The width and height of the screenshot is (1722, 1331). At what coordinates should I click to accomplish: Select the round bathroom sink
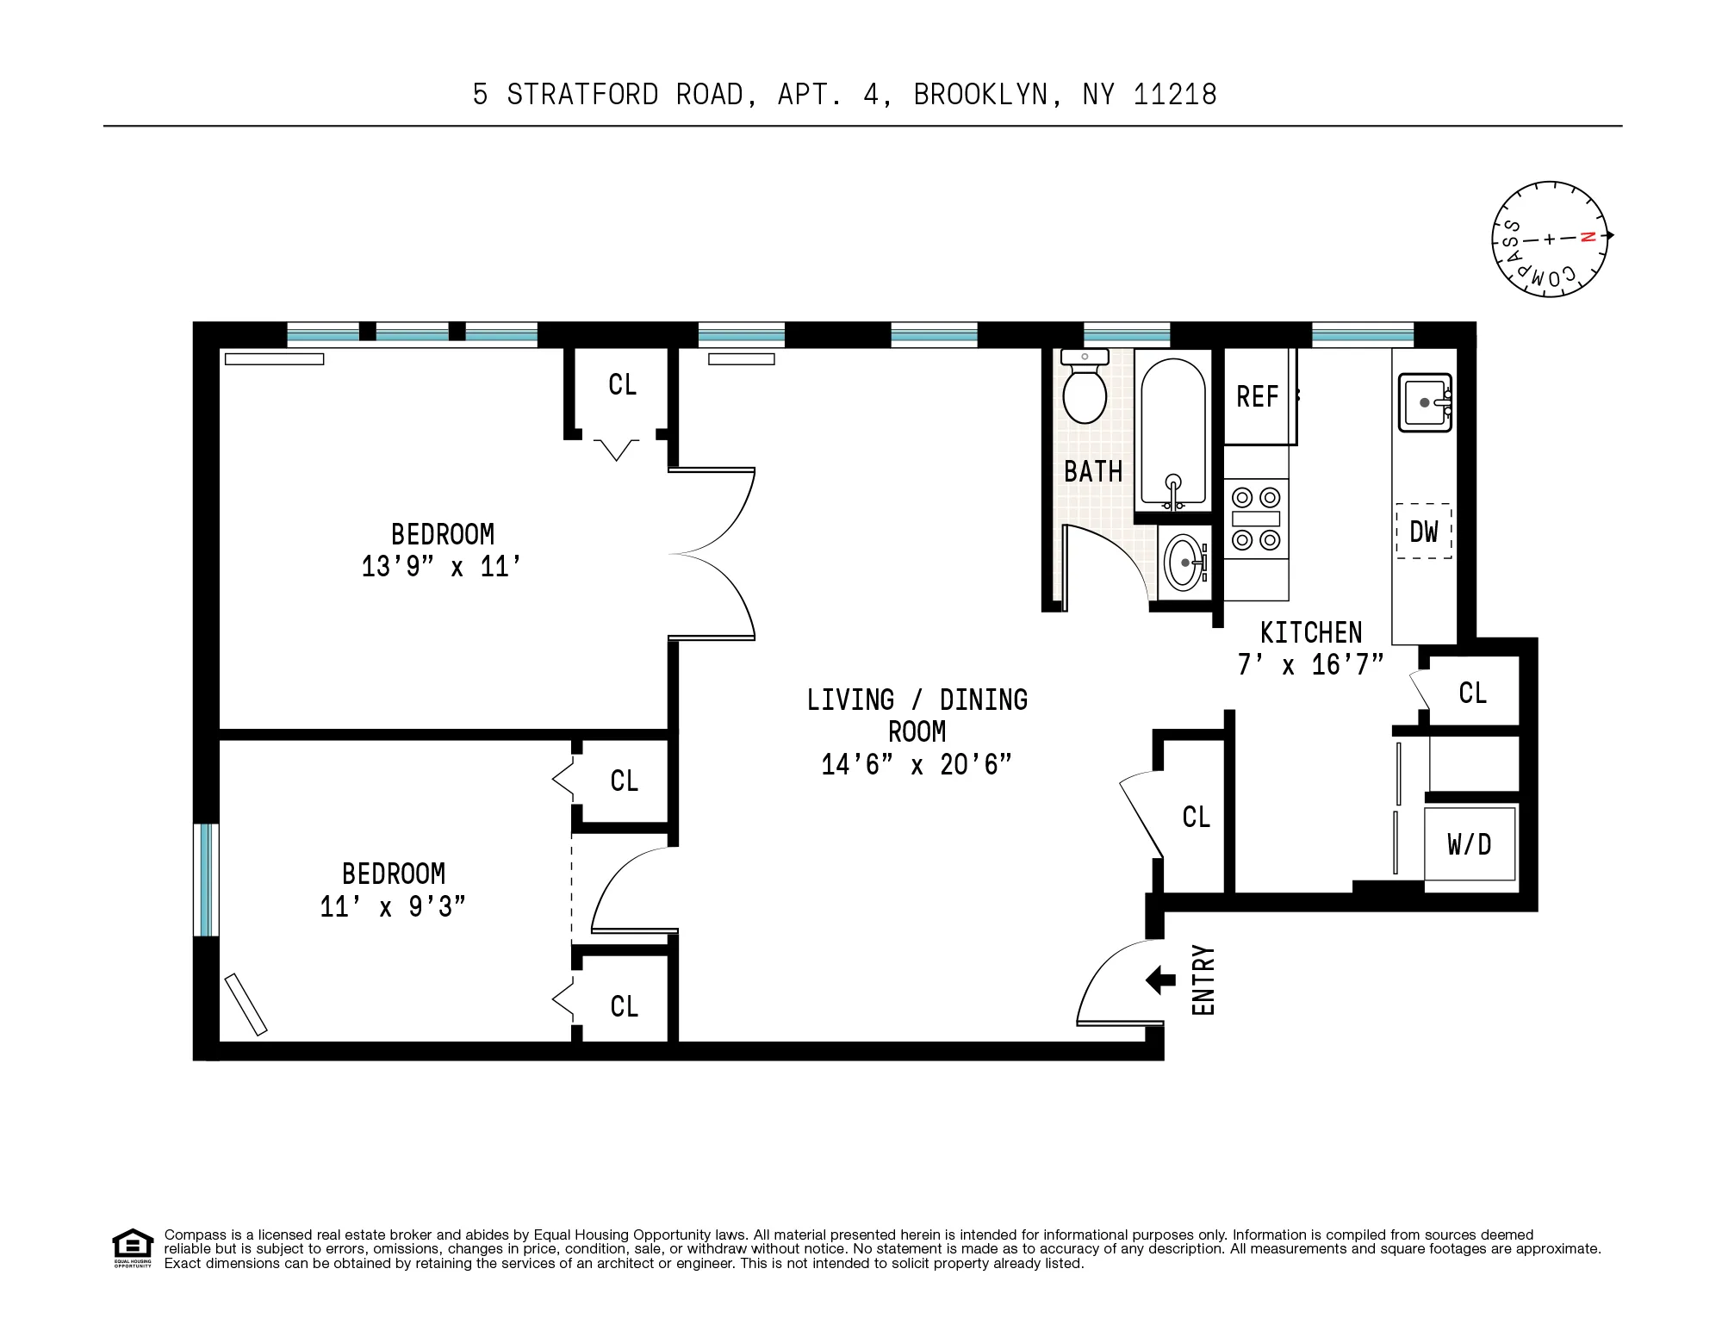pos(1184,563)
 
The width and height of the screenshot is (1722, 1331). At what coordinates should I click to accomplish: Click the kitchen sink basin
pos(1424,402)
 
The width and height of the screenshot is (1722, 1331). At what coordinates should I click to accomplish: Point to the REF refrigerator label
pos(1257,397)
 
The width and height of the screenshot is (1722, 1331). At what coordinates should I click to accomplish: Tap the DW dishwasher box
pos(1423,532)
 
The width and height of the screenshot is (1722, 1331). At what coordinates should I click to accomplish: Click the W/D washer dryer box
pos(1469,844)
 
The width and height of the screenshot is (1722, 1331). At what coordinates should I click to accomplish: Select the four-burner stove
pos(1256,519)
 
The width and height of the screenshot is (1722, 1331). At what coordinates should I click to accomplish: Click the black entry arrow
pos(1160,980)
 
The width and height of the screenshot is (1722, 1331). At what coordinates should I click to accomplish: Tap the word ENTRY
pos(1203,980)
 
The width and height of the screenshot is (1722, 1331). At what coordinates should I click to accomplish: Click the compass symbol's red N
pos(1588,237)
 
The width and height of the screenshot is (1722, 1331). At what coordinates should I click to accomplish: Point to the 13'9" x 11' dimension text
pos(441,567)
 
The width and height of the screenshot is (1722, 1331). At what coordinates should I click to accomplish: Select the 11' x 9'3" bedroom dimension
pos(393,907)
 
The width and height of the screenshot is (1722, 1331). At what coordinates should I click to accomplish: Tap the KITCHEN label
pos(1310,633)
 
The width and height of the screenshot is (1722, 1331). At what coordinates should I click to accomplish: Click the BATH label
pos(1092,472)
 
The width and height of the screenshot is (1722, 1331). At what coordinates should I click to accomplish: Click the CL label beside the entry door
pos(1196,817)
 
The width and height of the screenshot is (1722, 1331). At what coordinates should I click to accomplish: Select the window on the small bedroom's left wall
pos(206,880)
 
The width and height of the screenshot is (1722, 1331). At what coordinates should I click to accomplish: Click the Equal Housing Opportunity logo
pos(132,1248)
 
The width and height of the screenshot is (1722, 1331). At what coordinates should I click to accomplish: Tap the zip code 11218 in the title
pos(1174,94)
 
